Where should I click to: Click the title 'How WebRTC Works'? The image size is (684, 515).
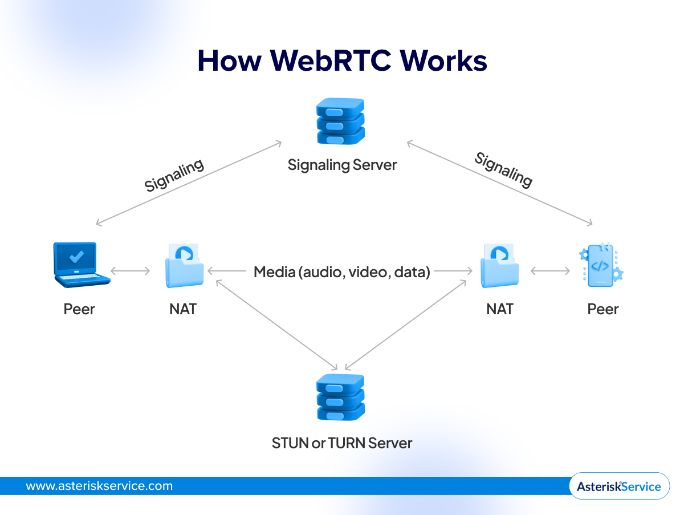pos(342,61)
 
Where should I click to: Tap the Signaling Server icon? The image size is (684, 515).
pos(340,121)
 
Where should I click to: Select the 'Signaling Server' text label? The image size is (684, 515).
pos(342,165)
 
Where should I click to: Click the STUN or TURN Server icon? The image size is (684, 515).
pos(340,398)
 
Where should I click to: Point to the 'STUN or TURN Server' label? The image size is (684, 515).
pos(342,443)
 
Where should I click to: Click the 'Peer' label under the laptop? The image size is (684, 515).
pos(79,309)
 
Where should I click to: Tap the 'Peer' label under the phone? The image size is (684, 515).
pos(603,309)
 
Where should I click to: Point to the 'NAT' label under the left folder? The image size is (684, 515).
pos(183,309)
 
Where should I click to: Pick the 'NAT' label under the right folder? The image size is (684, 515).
pos(500,309)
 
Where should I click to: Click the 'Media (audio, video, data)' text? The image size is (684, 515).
pos(342,272)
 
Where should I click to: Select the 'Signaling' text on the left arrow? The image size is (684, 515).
pos(174,176)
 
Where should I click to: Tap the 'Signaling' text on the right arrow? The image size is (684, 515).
pos(504,170)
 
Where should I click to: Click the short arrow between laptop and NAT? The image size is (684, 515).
pos(131,271)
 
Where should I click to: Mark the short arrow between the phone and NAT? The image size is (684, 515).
pos(550,271)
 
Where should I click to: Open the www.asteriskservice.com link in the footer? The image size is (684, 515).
pos(99,486)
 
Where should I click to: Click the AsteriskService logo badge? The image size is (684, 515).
pos(619,486)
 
